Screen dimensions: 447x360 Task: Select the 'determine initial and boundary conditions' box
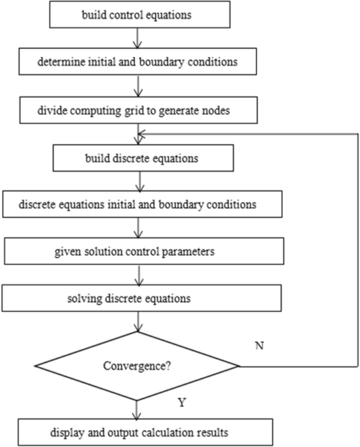(138, 62)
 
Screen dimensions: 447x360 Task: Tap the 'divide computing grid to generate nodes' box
(138, 111)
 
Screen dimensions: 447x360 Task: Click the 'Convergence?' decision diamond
(137, 366)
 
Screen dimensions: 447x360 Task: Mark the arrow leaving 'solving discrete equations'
(137, 321)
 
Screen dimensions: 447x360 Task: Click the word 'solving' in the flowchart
(83, 299)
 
